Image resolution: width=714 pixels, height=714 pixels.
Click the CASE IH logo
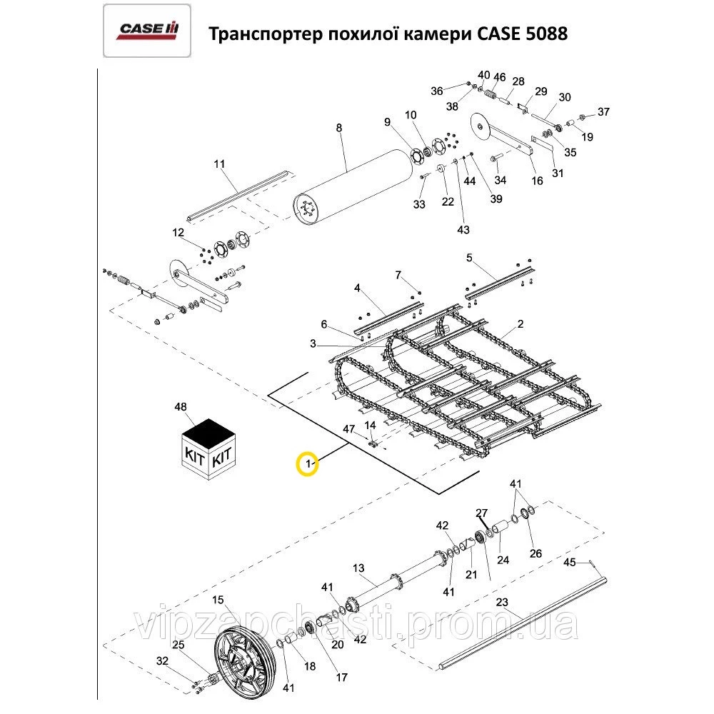click(147, 29)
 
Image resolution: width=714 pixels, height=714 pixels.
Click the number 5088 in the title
click(543, 34)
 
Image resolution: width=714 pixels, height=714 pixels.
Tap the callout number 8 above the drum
click(339, 128)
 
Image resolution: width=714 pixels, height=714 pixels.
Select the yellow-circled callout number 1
click(308, 464)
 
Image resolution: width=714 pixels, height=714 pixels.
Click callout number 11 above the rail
click(219, 164)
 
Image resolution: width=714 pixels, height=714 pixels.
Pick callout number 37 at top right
click(604, 111)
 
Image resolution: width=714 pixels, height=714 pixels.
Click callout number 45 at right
click(569, 563)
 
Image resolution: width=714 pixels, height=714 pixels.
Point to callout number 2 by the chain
click(521, 323)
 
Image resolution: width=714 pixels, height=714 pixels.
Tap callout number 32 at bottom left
click(162, 661)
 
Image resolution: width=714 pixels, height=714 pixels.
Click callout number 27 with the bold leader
click(481, 513)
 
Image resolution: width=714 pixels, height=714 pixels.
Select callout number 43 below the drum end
click(463, 229)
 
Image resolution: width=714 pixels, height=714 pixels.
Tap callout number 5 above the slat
click(469, 257)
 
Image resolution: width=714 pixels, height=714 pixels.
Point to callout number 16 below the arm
click(538, 181)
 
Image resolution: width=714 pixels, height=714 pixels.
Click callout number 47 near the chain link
click(349, 428)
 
